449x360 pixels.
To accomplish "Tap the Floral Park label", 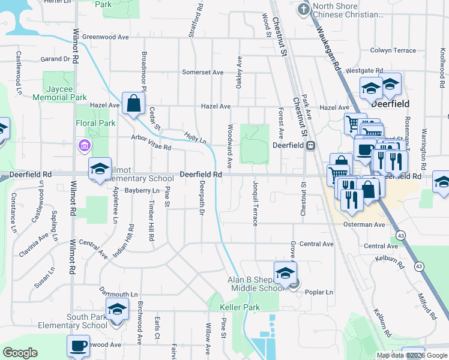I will [x=99, y=124].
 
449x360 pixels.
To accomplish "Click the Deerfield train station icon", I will [x=311, y=145].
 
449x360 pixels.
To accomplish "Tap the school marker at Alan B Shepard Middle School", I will [x=285, y=272].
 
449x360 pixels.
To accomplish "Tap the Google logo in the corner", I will [x=20, y=353].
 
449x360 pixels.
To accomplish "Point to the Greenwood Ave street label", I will [x=106, y=37].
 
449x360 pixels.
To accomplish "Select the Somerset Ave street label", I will [x=203, y=73].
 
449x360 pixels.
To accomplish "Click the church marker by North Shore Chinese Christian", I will [x=304, y=9].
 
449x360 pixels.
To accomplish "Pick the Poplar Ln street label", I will [x=319, y=292].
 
